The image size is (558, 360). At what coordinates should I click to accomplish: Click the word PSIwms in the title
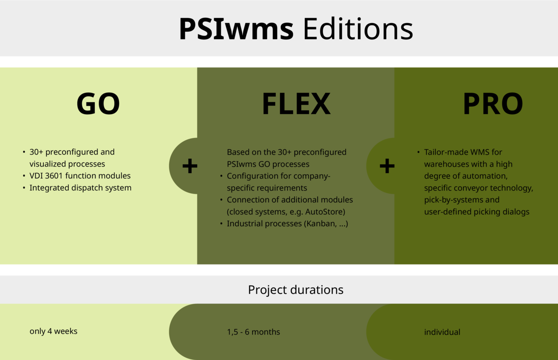click(236, 29)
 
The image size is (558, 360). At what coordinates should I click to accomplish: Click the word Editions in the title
click(358, 29)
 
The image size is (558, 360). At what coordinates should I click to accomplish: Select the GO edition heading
click(98, 103)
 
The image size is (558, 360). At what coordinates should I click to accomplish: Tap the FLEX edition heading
click(296, 103)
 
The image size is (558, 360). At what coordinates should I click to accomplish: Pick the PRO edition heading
click(493, 103)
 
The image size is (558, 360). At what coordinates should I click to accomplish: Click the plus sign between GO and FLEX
click(190, 166)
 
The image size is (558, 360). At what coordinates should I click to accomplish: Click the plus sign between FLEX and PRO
click(387, 166)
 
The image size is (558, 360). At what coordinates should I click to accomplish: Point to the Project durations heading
click(296, 290)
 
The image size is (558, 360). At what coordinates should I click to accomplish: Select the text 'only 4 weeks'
click(53, 331)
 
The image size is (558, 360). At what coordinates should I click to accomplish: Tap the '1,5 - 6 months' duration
click(253, 332)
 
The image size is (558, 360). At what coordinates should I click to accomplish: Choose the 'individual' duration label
click(442, 332)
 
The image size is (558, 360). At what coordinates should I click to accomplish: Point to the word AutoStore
click(325, 212)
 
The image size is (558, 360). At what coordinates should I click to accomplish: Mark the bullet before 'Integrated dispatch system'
click(24, 188)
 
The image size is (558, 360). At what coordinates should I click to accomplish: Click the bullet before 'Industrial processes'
click(221, 224)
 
